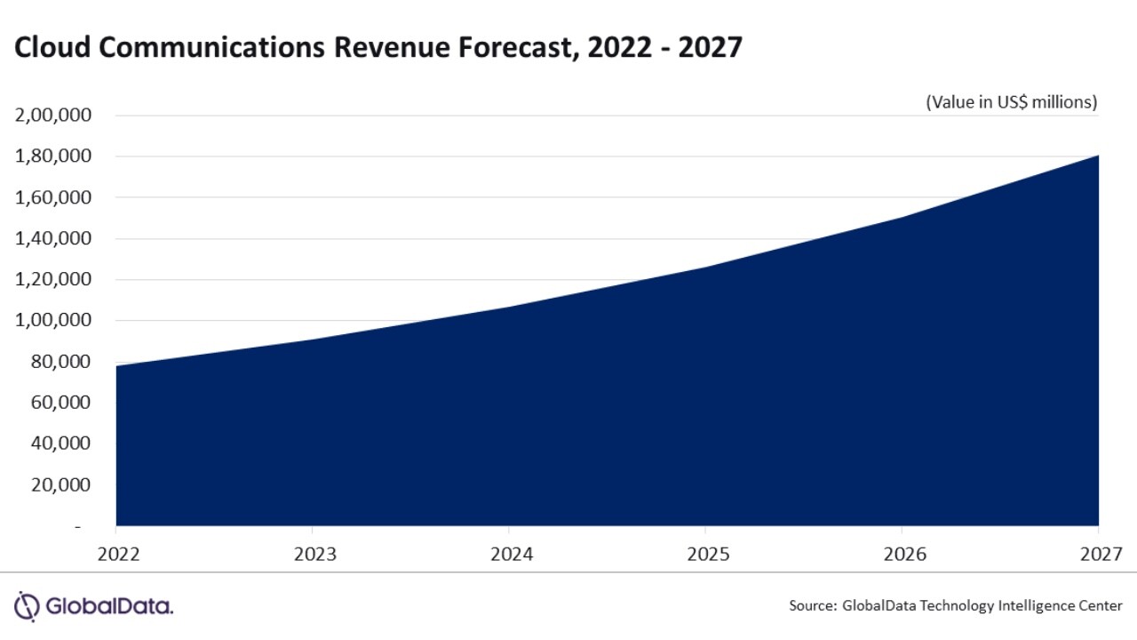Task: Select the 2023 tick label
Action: click(x=314, y=554)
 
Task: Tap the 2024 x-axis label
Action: click(x=511, y=554)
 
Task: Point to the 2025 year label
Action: click(x=708, y=554)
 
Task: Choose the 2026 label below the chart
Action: click(x=905, y=554)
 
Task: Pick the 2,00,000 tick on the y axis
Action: click(x=53, y=116)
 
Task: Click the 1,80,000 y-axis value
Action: click(x=53, y=156)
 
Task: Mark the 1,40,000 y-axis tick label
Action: click(x=53, y=238)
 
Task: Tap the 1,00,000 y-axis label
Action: click(x=53, y=320)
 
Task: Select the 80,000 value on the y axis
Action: click(x=60, y=362)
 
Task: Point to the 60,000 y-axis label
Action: click(x=60, y=403)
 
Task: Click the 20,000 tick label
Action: click(x=60, y=484)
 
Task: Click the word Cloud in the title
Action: click(x=52, y=48)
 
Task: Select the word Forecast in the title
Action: click(x=512, y=48)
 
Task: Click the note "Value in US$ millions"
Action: click(x=1012, y=102)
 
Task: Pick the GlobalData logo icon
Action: click(x=28, y=606)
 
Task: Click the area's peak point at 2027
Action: click(x=1099, y=156)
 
